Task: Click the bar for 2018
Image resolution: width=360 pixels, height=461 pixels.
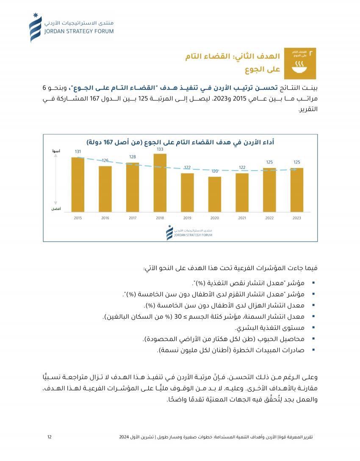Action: tap(160, 182)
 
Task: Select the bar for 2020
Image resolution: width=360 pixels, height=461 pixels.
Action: tap(215, 194)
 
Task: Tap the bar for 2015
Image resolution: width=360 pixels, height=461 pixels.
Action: tap(78, 184)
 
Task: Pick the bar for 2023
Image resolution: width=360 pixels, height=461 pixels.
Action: tap(297, 190)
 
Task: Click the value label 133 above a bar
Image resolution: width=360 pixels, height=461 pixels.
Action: tap(160, 149)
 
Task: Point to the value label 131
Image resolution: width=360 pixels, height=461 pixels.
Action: tap(78, 152)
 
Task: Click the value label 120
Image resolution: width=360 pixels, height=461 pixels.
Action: tap(215, 171)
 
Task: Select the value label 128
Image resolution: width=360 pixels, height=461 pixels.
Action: tap(133, 157)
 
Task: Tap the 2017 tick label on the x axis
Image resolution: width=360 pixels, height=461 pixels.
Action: tap(133, 218)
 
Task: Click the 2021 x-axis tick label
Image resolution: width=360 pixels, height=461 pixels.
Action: tap(242, 218)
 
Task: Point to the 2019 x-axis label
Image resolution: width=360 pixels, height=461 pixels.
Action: tap(187, 218)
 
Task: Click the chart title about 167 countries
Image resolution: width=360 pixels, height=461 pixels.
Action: tap(180, 142)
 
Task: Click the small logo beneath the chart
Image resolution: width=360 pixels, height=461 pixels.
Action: tap(189, 233)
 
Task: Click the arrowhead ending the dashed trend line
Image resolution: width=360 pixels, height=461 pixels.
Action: tap(295, 169)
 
